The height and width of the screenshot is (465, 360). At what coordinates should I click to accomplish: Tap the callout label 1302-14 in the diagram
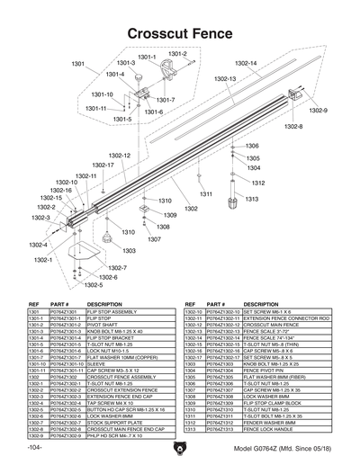[246, 63]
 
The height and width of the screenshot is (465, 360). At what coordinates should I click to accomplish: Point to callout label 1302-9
[319, 110]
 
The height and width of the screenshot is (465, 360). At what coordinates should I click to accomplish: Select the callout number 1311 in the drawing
[206, 193]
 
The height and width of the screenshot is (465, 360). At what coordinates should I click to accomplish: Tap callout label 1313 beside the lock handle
[252, 199]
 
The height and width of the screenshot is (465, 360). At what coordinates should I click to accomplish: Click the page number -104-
[35, 447]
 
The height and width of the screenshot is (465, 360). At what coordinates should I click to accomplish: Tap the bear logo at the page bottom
[180, 446]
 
